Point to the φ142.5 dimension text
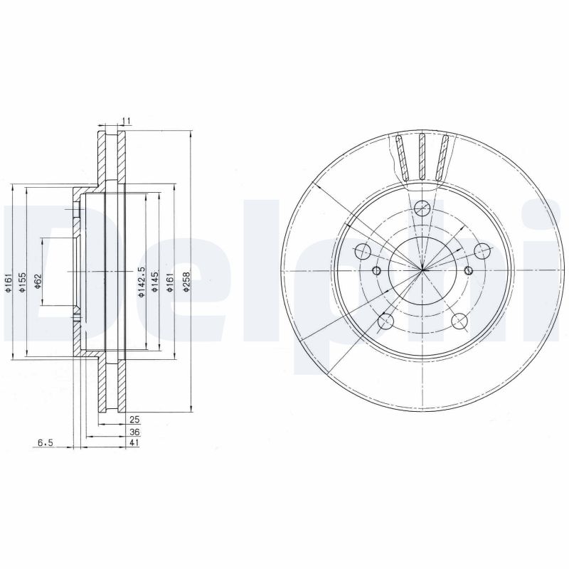pyautogui.click(x=142, y=281)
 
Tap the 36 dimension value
pyautogui.click(x=133, y=432)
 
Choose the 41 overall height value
pyautogui.click(x=133, y=442)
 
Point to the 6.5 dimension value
pyautogui.click(x=45, y=442)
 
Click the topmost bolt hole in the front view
pyautogui.click(x=422, y=208)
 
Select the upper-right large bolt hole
pyautogui.click(x=482, y=251)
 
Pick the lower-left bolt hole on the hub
pyautogui.click(x=385, y=322)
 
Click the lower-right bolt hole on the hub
pyautogui.click(x=459, y=321)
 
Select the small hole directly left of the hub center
pyautogui.click(x=378, y=270)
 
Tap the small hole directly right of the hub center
pyautogui.click(x=467, y=270)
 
